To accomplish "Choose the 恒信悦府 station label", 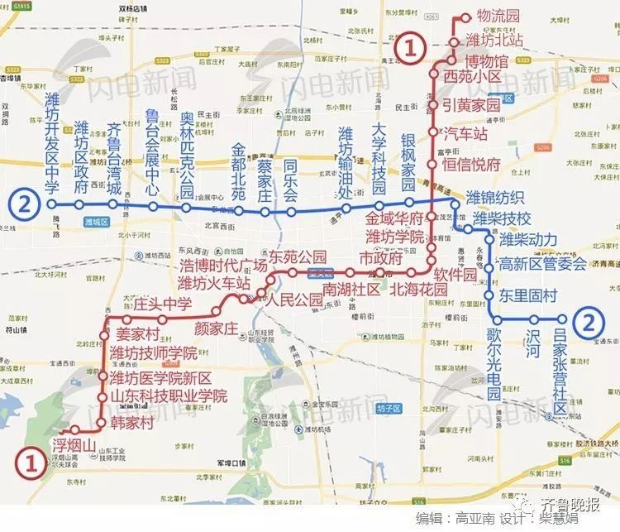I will tap(472, 163).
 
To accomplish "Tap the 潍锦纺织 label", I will tap(495, 197).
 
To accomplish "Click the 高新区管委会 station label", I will tap(543, 265).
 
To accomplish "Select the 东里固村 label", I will tap(529, 295).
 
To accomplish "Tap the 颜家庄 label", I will tap(216, 327).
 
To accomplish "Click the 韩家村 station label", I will tap(132, 423).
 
